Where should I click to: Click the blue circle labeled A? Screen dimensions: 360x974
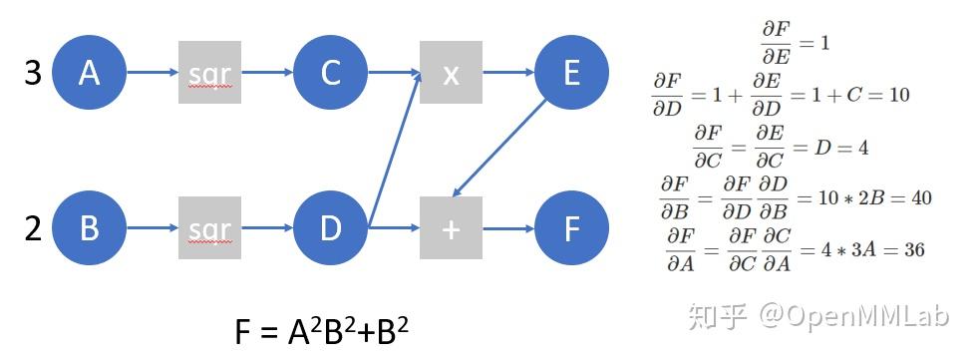click(90, 72)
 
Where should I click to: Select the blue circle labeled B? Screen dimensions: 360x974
click(90, 228)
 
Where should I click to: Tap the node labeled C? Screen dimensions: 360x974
click(331, 72)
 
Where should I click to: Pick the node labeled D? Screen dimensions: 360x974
click(331, 228)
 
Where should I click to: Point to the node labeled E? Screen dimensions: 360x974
click(571, 72)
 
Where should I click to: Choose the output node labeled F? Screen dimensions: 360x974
click(571, 228)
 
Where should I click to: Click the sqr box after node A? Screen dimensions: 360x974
click(210, 72)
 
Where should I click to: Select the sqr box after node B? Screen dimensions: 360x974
click(210, 228)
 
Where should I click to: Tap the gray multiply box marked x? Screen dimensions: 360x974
click(451, 72)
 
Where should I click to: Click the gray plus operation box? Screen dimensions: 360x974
click(451, 228)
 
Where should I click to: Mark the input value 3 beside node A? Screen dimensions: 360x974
click(32, 73)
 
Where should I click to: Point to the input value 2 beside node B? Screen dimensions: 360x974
click(32, 229)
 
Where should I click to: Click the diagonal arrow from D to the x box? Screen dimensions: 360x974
click(394, 150)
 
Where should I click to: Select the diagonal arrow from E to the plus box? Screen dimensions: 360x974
click(503, 146)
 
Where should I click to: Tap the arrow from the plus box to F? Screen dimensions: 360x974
click(508, 228)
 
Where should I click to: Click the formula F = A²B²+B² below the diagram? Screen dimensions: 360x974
click(321, 332)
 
